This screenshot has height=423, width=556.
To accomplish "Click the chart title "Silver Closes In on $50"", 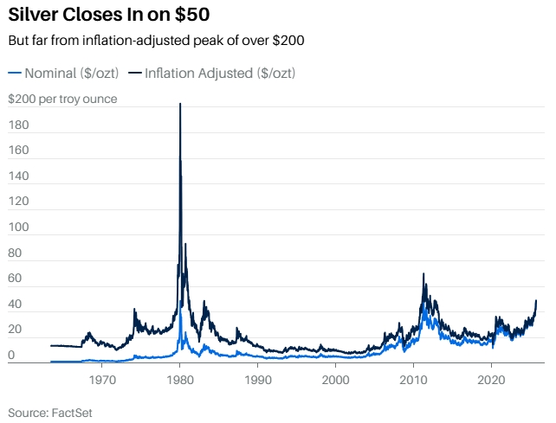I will pos(108,16).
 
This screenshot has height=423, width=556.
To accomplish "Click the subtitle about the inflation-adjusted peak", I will pos(156,41).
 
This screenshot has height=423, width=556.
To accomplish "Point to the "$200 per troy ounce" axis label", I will pos(62,99).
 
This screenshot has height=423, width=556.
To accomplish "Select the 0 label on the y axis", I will pos(12,355).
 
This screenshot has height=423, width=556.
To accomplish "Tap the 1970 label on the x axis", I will pos(102,380).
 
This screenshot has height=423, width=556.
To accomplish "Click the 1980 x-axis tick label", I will pos(180,380).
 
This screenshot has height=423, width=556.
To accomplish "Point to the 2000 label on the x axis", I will pos(335,380).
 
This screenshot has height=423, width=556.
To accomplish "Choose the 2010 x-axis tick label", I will pos(413,380).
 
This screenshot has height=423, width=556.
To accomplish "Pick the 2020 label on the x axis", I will pos(491,380).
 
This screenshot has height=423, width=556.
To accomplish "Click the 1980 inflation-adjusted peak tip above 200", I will pos(180,104).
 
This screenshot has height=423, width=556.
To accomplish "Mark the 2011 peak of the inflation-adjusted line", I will pos(423,274).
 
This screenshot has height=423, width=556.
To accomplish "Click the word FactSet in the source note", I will pos(72,413).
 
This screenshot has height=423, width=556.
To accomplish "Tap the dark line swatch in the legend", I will pos(134,74).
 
